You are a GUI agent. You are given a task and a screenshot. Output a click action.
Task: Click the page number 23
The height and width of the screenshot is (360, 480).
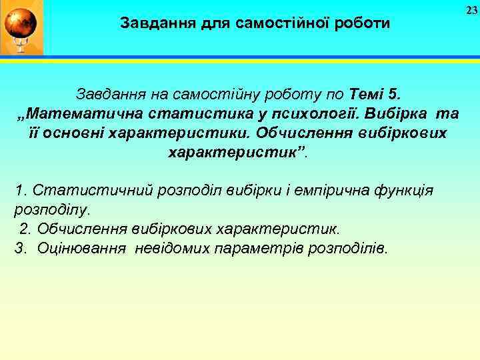(471, 9)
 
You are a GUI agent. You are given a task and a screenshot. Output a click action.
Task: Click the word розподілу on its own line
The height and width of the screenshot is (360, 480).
(50, 210)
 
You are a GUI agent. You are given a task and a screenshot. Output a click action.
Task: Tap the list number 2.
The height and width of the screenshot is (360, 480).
(25, 229)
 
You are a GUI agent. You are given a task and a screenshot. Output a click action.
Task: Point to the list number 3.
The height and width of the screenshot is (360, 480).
(19, 249)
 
